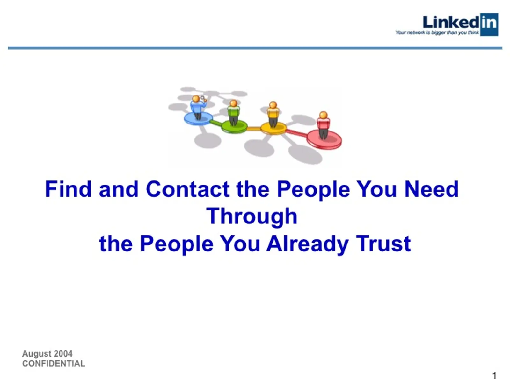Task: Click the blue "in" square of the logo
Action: click(489, 24)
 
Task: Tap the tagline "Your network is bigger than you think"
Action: click(437, 32)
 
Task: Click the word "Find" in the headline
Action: click(68, 189)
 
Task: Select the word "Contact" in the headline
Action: click(187, 189)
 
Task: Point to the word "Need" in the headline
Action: click(431, 189)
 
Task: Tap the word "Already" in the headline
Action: click(308, 244)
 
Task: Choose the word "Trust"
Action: click(384, 244)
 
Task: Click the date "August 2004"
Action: click(47, 354)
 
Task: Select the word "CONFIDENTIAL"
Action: click(54, 364)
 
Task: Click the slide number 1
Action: click(494, 376)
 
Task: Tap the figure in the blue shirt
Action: click(197, 107)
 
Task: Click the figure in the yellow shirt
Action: click(273, 114)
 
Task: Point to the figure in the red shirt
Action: click(323, 124)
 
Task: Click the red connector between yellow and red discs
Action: click(296, 132)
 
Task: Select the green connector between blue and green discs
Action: click(216, 123)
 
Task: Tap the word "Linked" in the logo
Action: click(451, 22)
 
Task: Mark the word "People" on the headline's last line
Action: click(177, 244)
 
